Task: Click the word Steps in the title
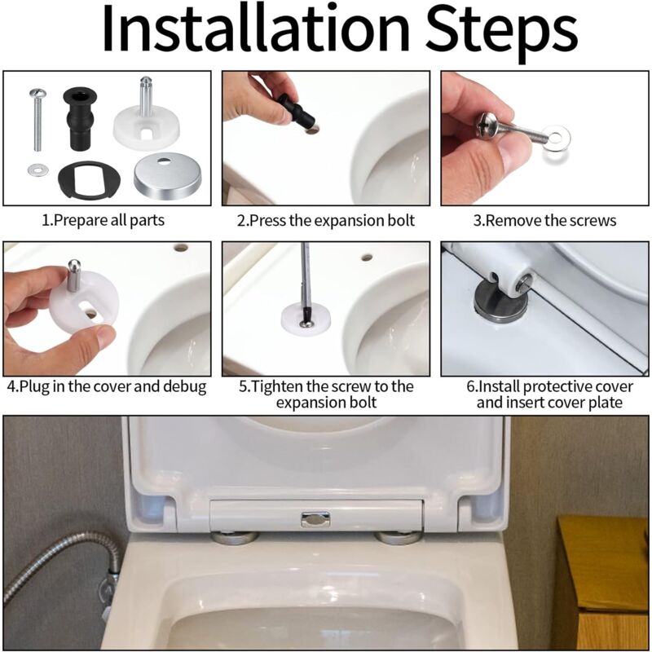click(x=502, y=33)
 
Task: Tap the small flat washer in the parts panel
click(x=37, y=170)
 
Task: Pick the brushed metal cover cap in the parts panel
click(x=167, y=176)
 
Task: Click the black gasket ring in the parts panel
click(x=89, y=179)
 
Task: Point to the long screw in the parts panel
click(x=37, y=119)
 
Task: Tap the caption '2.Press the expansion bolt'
click(x=325, y=220)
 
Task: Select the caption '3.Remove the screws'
click(x=544, y=220)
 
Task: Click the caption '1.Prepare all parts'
click(x=104, y=220)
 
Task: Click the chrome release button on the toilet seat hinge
click(x=315, y=519)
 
